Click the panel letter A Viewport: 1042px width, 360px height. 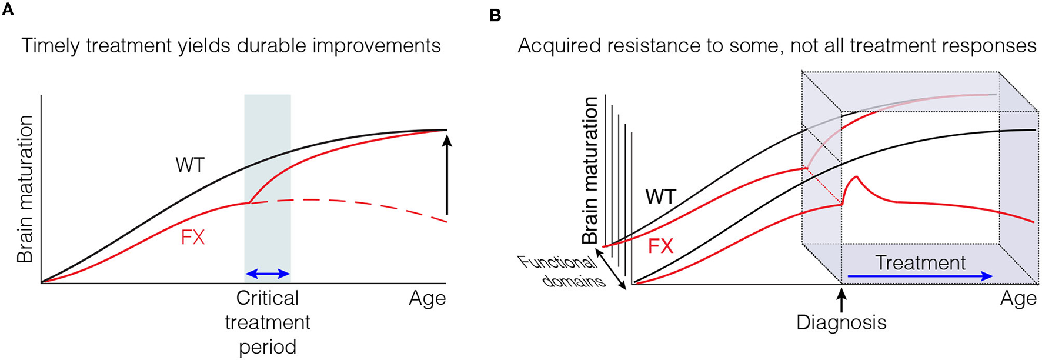point(8,10)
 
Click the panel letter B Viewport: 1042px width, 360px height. point(495,15)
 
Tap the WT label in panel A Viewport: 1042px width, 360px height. point(190,165)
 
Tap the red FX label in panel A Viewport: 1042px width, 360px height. point(193,238)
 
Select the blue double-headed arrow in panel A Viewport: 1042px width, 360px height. point(268,274)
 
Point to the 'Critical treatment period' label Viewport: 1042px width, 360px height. point(268,322)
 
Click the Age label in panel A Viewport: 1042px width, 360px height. point(428,299)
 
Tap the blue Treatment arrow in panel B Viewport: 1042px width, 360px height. point(920,276)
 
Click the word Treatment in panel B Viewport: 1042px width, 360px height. point(920,262)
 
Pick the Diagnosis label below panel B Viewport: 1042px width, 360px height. point(841,322)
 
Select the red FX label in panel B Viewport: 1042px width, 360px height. point(660,245)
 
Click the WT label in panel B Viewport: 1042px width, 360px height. point(660,196)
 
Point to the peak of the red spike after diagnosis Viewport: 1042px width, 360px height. point(856,176)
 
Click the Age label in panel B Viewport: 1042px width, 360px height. point(1018,299)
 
